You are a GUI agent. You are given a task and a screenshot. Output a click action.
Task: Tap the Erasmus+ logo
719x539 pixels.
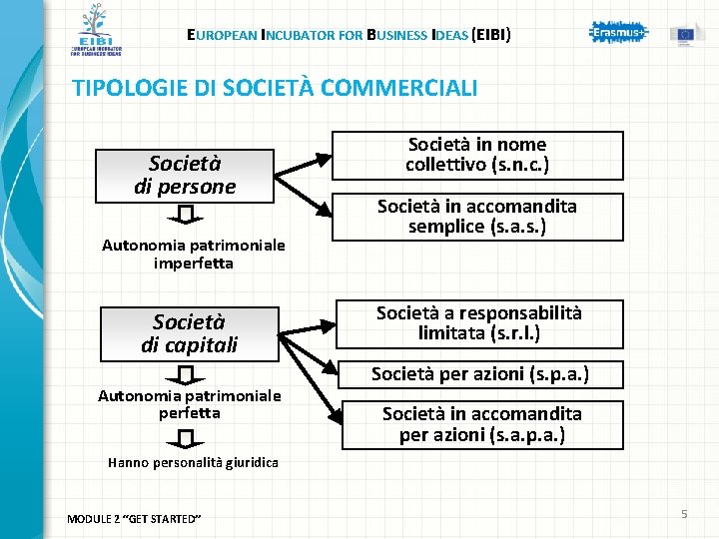(618, 33)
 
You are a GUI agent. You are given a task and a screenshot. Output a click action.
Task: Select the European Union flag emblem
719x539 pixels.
(686, 33)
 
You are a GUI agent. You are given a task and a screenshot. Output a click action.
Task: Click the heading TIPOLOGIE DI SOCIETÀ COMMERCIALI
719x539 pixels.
(275, 88)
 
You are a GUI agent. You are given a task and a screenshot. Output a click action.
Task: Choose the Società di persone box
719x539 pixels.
(185, 176)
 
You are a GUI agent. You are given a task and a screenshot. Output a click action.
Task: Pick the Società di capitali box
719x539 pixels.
(189, 334)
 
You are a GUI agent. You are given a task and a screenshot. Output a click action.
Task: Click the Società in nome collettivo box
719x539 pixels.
(477, 155)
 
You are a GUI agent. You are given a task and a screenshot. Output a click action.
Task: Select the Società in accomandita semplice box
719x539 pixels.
(477, 217)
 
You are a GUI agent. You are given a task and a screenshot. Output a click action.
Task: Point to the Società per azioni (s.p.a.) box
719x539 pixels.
(479, 374)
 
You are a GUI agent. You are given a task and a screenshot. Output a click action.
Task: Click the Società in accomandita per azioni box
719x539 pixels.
(481, 424)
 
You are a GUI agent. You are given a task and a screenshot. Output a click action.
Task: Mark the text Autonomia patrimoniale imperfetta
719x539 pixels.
(194, 255)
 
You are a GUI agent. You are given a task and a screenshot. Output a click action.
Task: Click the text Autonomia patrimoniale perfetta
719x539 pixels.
(190, 404)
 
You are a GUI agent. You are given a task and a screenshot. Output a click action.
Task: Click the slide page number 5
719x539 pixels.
(684, 514)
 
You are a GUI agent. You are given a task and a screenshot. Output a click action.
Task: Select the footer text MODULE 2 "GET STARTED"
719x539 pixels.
(134, 519)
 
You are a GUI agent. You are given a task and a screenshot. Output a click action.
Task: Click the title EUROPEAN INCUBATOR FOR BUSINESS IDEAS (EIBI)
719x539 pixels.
(349, 36)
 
